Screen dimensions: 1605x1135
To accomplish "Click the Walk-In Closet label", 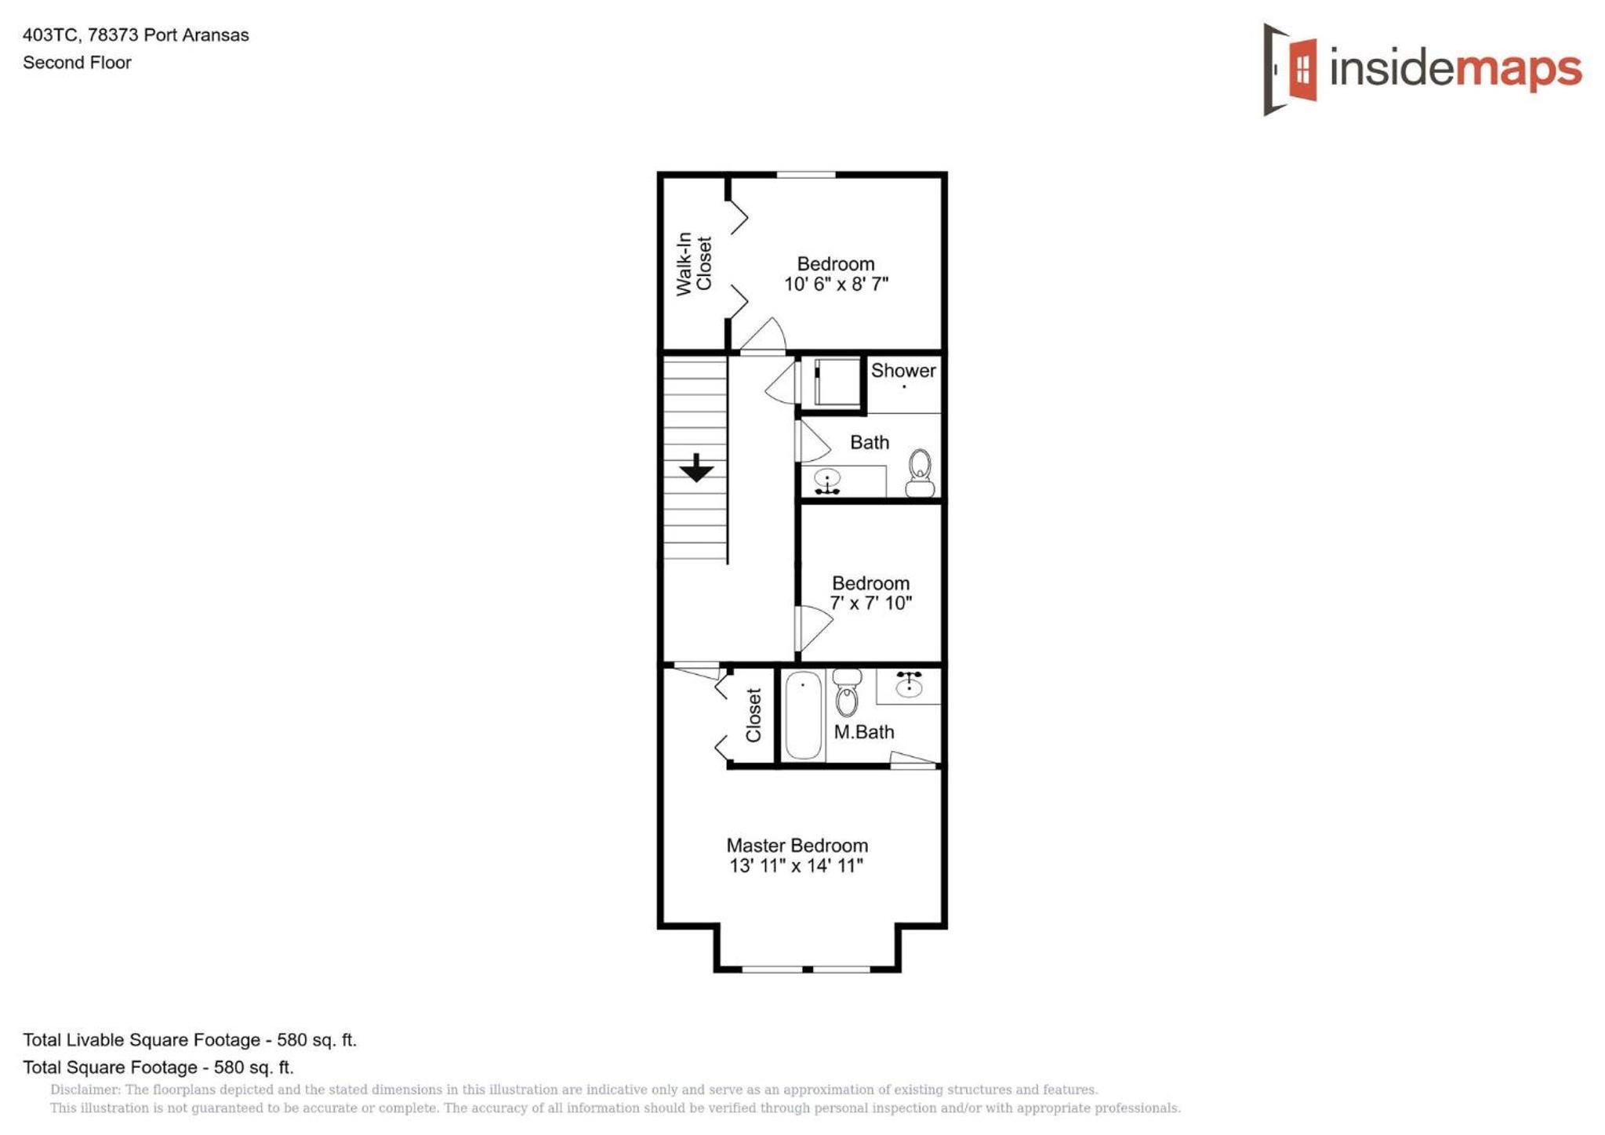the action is pyautogui.click(x=694, y=263).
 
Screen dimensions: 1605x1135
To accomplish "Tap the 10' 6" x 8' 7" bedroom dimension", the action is pyautogui.click(x=836, y=284).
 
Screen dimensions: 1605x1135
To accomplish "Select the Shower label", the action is pyautogui.click(x=903, y=370).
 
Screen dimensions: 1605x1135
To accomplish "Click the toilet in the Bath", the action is pyautogui.click(x=920, y=473).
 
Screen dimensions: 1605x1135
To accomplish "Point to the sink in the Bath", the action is pyautogui.click(x=827, y=481).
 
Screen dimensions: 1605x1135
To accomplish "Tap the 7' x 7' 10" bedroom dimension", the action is pyautogui.click(x=870, y=603).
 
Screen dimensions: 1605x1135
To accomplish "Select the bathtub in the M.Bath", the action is pyautogui.click(x=804, y=715).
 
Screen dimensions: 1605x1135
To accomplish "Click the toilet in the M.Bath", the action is pyautogui.click(x=847, y=692).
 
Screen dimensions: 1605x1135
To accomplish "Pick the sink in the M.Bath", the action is pyautogui.click(x=909, y=684).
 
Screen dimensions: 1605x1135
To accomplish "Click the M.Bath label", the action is pyautogui.click(x=863, y=731).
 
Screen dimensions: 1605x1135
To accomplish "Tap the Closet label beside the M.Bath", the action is pyautogui.click(x=753, y=715).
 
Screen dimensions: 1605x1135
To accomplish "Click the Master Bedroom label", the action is pyautogui.click(x=797, y=845).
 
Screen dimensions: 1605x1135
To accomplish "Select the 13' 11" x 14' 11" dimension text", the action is pyautogui.click(x=796, y=865).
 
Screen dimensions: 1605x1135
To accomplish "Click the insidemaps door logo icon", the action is pyautogui.click(x=1290, y=69).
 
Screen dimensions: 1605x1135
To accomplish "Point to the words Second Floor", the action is pyautogui.click(x=77, y=63).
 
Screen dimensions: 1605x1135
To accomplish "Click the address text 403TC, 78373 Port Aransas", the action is pyautogui.click(x=136, y=35).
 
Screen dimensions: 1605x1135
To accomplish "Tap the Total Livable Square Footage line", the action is pyautogui.click(x=190, y=1040).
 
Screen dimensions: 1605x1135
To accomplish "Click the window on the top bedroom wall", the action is pyautogui.click(x=805, y=175).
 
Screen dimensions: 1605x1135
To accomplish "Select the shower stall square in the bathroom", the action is pyautogui.click(x=837, y=382).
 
